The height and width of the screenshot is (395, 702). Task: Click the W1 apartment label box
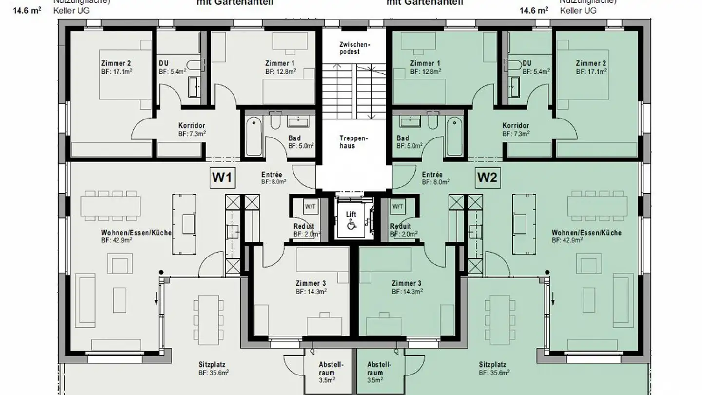point(223,178)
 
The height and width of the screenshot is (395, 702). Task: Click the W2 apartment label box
point(487,178)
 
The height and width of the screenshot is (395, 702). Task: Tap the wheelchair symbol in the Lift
point(351,225)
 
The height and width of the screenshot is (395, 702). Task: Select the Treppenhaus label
point(354,142)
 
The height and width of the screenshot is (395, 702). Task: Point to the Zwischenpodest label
point(356,48)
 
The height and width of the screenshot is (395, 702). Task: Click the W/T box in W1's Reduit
point(310,206)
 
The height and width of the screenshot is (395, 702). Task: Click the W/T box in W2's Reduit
point(398,206)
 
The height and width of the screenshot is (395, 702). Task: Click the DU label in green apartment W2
point(526,64)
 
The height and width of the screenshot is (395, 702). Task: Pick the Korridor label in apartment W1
point(191,125)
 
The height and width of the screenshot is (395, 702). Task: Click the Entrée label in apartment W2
point(432,174)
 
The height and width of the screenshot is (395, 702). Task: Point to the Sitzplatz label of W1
point(212,364)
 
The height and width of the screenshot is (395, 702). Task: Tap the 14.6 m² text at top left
point(30,9)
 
